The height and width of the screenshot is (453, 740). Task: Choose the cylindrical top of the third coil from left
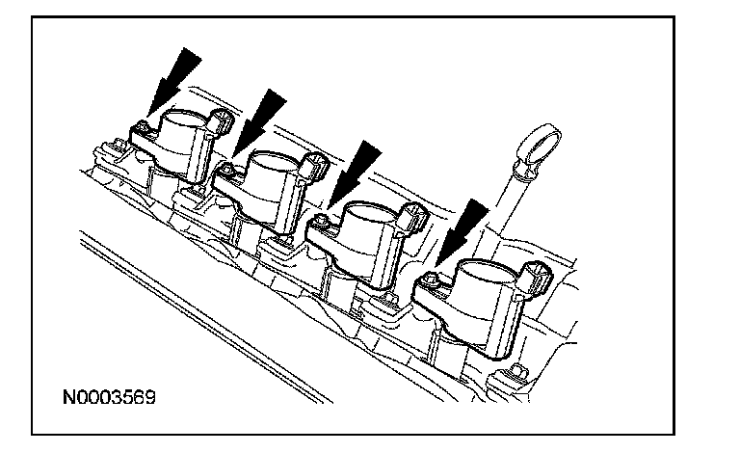tap(369, 221)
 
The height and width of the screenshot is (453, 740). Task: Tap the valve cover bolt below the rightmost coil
tap(521, 371)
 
